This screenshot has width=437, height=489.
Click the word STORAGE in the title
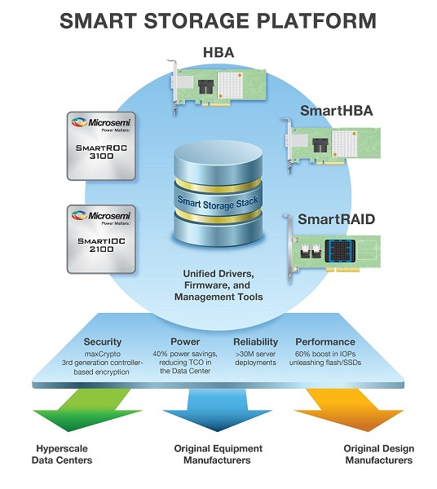click(196, 21)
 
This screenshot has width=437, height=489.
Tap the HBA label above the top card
click(218, 52)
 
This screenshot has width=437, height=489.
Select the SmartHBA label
click(336, 111)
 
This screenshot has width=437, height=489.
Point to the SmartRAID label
click(336, 219)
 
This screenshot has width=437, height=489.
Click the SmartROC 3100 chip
click(101, 146)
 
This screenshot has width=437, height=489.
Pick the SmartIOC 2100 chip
click(101, 239)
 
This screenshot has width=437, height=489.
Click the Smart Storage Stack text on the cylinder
click(218, 202)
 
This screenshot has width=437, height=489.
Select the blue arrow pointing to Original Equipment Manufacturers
click(218, 409)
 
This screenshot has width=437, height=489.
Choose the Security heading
click(102, 341)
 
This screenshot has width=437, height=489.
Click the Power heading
click(185, 341)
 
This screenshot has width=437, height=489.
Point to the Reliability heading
click(255, 341)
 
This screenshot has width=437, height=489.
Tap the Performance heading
click(325, 341)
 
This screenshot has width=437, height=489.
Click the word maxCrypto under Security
click(102, 355)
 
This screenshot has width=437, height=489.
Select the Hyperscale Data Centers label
click(62, 454)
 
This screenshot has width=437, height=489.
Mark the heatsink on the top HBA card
click(230, 85)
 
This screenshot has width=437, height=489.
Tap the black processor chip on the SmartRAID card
click(340, 251)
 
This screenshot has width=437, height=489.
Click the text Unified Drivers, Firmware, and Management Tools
click(218, 285)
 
